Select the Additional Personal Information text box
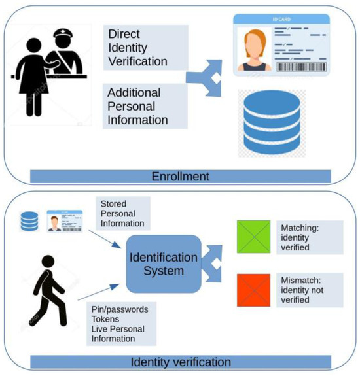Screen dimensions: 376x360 click(x=146, y=106)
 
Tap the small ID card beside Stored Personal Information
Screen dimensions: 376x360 click(x=64, y=221)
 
